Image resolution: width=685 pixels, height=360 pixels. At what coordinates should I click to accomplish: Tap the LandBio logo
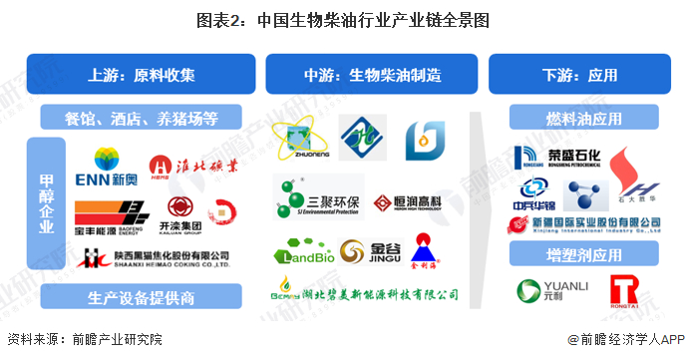300,253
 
